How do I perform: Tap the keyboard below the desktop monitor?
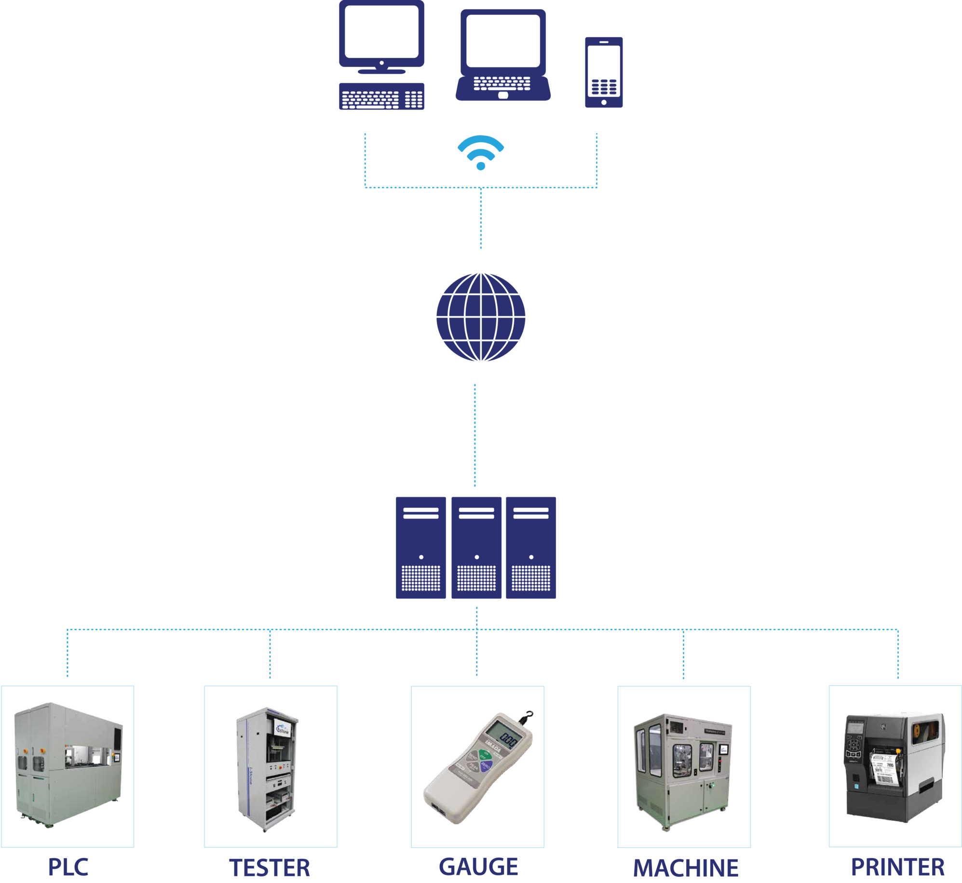[381, 96]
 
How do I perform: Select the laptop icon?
[502, 55]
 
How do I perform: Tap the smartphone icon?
[604, 72]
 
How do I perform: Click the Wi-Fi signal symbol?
[480, 152]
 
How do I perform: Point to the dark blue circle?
[480, 317]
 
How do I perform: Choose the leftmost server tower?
[420, 548]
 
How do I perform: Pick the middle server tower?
[476, 548]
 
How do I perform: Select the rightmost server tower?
[530, 548]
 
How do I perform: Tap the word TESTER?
[270, 868]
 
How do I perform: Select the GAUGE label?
[478, 867]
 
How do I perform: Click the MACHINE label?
[685, 868]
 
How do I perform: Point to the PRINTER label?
[897, 867]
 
